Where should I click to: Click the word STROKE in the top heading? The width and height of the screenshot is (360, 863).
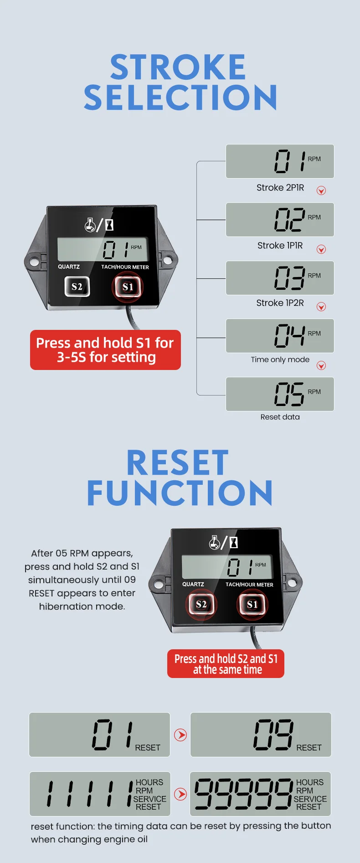point(178,67)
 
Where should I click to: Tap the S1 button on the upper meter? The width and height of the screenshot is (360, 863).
point(128,287)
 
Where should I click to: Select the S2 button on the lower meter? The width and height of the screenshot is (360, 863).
point(201,604)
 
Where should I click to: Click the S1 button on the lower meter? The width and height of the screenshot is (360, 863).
point(252,604)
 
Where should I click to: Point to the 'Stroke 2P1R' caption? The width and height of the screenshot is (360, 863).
point(280,188)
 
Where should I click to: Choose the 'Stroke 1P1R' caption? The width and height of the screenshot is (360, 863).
point(280,246)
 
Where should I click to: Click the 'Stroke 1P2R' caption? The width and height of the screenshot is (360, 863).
point(280,303)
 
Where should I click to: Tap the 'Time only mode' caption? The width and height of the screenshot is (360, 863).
point(280,360)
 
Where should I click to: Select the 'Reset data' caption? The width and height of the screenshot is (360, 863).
point(280,417)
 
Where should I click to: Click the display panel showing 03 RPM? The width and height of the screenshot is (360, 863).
point(280,278)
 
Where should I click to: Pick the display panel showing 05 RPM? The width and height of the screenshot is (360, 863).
point(280,394)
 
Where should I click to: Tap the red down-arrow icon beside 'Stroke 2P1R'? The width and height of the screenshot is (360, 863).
point(321,190)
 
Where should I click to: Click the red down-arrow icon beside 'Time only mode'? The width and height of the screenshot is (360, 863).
point(321,365)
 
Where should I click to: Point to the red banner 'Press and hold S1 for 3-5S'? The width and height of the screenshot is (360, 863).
point(105,350)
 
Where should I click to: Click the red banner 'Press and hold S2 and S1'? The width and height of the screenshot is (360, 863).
point(226,664)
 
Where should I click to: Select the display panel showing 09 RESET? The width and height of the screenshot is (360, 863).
point(261,735)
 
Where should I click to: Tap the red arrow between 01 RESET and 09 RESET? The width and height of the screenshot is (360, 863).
point(180,735)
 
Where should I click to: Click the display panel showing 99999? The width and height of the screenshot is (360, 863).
point(260,794)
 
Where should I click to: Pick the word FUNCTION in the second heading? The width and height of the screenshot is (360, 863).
point(180,493)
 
